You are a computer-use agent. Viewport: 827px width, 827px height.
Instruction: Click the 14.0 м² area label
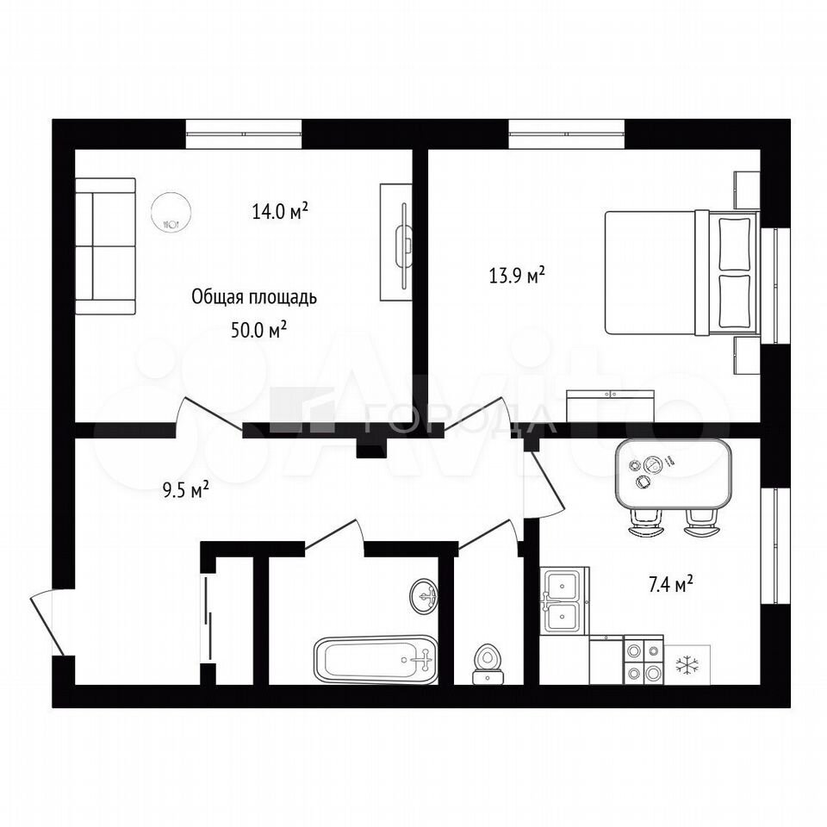(280, 211)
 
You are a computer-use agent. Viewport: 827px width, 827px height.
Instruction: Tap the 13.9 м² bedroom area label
(516, 276)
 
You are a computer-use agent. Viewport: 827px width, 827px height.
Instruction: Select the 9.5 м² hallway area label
(185, 490)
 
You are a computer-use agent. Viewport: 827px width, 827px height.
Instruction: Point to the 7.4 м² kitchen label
(670, 584)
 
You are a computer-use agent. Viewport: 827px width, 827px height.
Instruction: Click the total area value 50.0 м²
(259, 331)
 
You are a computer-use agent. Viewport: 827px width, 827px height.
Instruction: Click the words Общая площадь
(253, 297)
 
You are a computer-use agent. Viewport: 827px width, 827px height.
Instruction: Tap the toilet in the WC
(488, 662)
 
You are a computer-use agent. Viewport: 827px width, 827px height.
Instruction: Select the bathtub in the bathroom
(376, 659)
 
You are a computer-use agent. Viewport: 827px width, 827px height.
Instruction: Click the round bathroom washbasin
(424, 596)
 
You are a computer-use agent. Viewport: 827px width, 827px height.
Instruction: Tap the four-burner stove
(644, 659)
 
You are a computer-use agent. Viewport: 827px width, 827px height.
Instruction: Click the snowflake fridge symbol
(687, 665)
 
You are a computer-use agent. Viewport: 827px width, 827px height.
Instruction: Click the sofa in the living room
(105, 246)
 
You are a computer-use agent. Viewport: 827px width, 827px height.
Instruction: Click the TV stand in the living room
(396, 243)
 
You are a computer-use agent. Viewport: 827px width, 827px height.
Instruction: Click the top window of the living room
(244, 134)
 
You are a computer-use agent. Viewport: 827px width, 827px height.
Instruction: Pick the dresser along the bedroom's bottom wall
(610, 406)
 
